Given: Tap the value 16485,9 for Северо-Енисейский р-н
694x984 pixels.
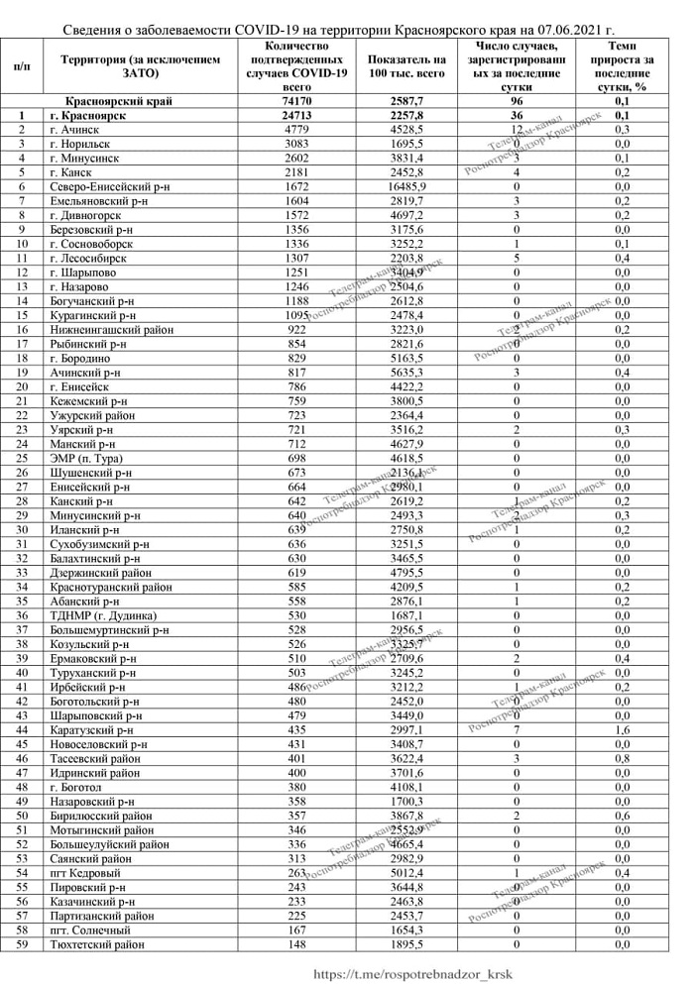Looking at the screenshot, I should coord(406,186).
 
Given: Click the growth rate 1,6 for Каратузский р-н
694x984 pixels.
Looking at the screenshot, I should coord(622,730).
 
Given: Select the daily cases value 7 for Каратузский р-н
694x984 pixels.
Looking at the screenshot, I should coord(518,730).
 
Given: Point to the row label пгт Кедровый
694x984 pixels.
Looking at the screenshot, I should coord(85,873).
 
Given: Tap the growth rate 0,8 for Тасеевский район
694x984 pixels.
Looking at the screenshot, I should coord(622,759).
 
